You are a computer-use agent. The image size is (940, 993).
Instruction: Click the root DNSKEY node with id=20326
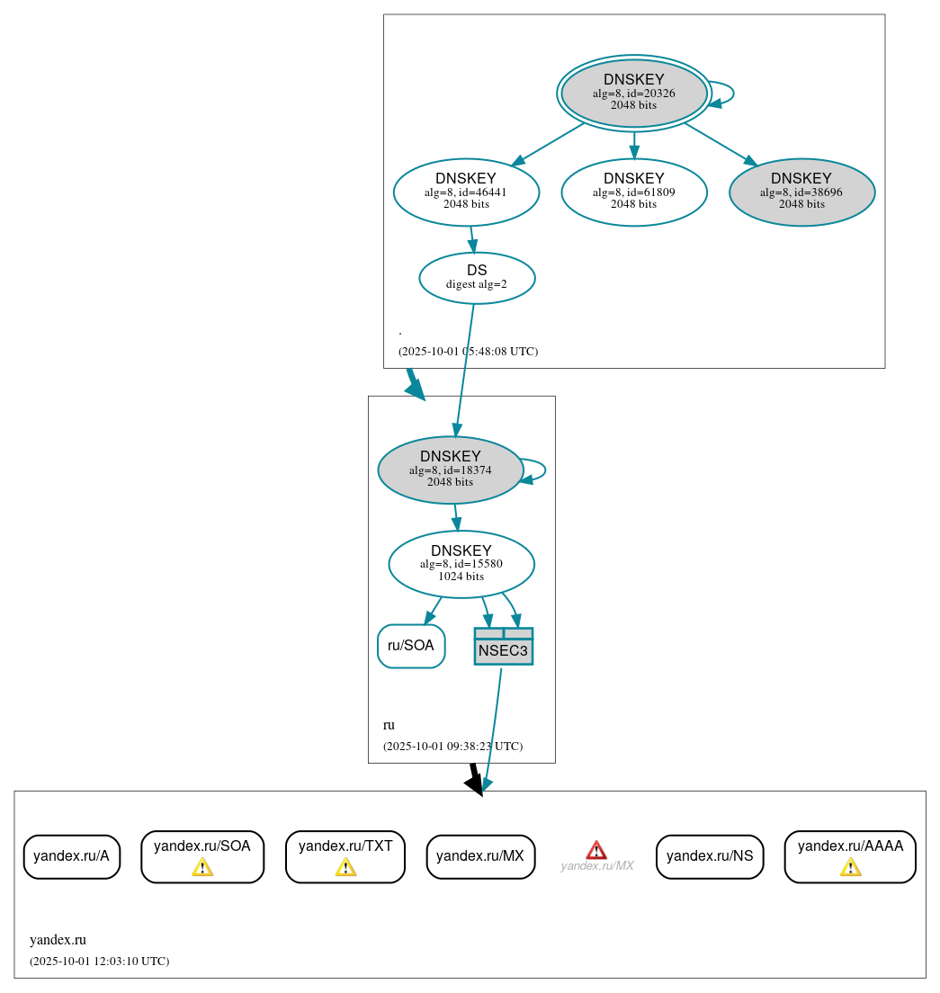tap(634, 93)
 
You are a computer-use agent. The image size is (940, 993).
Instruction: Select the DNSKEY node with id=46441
tap(466, 192)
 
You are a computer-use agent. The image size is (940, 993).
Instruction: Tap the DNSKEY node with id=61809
tap(634, 192)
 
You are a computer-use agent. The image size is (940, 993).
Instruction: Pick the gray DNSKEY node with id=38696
tap(801, 192)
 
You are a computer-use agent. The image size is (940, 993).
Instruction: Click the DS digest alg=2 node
tap(477, 278)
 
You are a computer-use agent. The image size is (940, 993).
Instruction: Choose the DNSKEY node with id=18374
tap(451, 470)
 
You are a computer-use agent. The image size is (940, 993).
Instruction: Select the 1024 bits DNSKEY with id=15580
tap(461, 564)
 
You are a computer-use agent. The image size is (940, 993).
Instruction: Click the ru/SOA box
tap(411, 646)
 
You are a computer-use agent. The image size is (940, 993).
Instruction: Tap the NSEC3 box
tap(504, 647)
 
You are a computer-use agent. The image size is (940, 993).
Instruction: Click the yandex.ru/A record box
tap(71, 856)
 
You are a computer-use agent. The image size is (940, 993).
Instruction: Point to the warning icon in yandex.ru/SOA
tap(202, 867)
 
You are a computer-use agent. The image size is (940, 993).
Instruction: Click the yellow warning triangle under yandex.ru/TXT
tap(345, 867)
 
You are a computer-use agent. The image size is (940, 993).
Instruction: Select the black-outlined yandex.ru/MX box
tap(480, 856)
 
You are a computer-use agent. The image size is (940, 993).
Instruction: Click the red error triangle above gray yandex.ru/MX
tap(596, 850)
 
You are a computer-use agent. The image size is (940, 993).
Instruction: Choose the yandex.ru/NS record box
tap(710, 856)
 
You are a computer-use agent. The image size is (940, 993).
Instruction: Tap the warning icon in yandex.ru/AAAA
tap(850, 867)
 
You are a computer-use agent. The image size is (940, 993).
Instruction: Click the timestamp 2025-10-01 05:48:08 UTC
tap(468, 352)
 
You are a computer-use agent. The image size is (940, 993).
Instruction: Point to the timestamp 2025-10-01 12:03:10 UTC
tap(99, 962)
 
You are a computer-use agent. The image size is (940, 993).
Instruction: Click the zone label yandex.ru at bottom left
tap(58, 940)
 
